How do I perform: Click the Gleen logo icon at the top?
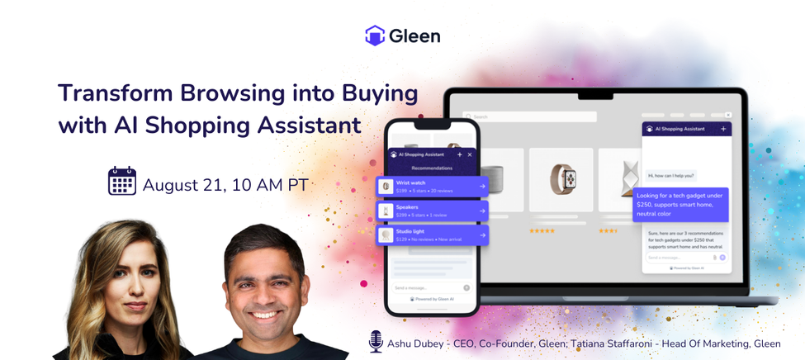pyautogui.click(x=375, y=36)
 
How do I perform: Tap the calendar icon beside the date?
pyautogui.click(x=122, y=181)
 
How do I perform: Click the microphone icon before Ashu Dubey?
pyautogui.click(x=376, y=341)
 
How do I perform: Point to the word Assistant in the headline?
pyautogui.click(x=308, y=126)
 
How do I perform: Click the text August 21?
pyautogui.click(x=182, y=185)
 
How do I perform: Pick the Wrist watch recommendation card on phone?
pyautogui.click(x=433, y=187)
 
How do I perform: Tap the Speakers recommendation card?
pyautogui.click(x=433, y=211)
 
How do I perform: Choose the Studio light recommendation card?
pyautogui.click(x=433, y=235)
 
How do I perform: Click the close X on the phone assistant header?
pyautogui.click(x=470, y=154)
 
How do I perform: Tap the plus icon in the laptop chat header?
pyautogui.click(x=723, y=129)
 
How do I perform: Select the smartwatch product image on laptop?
pyautogui.click(x=561, y=178)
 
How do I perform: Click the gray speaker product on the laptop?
pyautogui.click(x=493, y=178)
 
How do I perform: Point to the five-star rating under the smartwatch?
pyautogui.click(x=542, y=231)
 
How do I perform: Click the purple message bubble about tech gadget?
pyautogui.click(x=681, y=206)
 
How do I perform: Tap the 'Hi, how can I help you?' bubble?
pyautogui.click(x=671, y=175)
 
